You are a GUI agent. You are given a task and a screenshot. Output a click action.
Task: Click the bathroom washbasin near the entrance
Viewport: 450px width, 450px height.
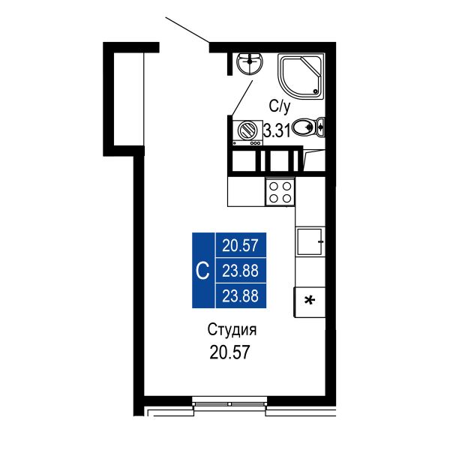[x=250, y=64]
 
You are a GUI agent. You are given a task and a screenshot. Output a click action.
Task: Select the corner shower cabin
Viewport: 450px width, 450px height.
[x=301, y=76]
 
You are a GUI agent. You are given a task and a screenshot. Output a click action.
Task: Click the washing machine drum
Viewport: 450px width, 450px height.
[x=247, y=130]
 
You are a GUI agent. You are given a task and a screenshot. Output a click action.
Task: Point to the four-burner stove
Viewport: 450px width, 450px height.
[x=280, y=192]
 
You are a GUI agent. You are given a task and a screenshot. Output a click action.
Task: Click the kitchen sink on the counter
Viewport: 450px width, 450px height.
[x=310, y=241]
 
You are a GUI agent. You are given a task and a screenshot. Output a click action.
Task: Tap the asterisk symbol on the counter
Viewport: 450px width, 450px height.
[x=310, y=301]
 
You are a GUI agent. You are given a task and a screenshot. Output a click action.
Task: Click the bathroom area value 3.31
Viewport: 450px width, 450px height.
[x=277, y=131]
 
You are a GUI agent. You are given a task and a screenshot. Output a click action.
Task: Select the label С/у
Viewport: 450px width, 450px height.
[x=279, y=106]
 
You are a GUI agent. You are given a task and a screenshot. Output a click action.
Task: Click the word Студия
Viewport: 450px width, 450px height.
[x=232, y=330]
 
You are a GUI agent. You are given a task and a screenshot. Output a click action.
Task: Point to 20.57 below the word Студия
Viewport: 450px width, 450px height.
[x=229, y=352]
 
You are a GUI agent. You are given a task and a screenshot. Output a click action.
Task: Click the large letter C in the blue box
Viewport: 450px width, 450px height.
[x=202, y=270]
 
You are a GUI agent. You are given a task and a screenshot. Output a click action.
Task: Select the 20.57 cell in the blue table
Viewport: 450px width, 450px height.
[x=241, y=246]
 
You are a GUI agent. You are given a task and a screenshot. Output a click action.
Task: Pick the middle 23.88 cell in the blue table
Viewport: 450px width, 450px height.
[x=241, y=271]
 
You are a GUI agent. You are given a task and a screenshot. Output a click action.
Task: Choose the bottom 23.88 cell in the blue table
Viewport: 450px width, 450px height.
[x=241, y=295]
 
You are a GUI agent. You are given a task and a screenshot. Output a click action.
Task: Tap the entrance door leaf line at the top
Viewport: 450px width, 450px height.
[x=187, y=31]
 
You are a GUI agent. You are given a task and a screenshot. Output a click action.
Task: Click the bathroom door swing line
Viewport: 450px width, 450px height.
[x=241, y=97]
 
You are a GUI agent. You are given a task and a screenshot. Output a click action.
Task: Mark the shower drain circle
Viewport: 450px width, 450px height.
[x=316, y=91]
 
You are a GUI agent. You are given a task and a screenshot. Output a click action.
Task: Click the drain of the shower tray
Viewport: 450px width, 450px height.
[x=316, y=91]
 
